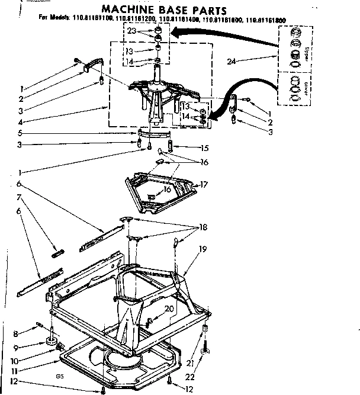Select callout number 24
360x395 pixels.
pos(232,60)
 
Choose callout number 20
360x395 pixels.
pos(170,309)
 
